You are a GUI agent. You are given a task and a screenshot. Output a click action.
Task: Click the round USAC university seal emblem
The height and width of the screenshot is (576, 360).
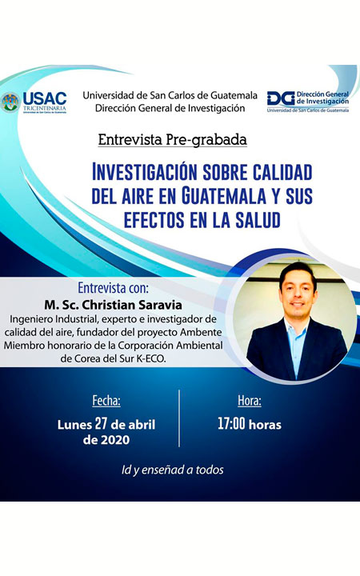tap(10, 102)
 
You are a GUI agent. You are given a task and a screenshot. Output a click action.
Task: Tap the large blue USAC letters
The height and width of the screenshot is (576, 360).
tap(45, 98)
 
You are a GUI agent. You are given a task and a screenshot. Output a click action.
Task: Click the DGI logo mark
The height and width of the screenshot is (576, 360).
tap(281, 98)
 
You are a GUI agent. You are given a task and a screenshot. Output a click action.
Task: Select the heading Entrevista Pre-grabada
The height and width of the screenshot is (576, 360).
tap(172, 139)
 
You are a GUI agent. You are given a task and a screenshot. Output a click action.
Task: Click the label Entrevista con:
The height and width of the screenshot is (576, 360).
tap(113, 288)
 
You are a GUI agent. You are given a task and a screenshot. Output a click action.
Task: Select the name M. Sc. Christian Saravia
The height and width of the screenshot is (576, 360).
tap(113, 305)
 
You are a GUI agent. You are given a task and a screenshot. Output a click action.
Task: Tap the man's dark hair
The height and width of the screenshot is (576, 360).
tap(297, 270)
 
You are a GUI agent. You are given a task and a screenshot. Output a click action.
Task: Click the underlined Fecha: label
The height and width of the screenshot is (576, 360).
tap(106, 400)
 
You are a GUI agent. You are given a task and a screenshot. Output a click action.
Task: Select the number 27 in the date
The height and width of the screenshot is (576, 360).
tap(101, 423)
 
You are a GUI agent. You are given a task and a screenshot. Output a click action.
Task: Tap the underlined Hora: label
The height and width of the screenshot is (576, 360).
tap(250, 400)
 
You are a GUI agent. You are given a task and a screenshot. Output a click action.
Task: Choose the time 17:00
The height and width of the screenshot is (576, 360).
tap(231, 423)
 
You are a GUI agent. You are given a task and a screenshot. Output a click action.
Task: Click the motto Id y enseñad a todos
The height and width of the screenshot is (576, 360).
tap(172, 470)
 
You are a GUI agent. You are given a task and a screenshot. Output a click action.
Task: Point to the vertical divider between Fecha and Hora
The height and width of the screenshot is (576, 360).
tap(179, 418)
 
